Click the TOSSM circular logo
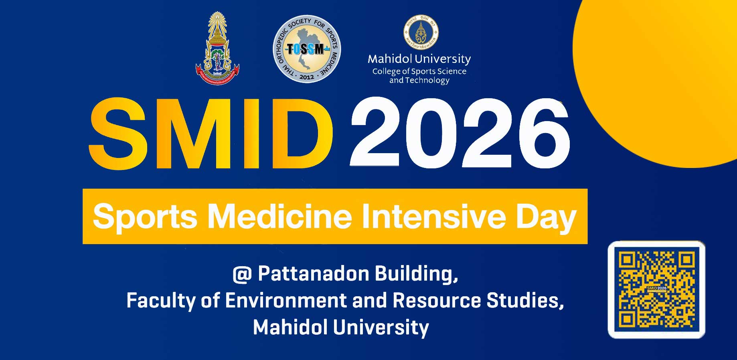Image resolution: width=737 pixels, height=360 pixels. click(307, 49)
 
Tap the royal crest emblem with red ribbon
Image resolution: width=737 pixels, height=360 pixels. click(217, 49)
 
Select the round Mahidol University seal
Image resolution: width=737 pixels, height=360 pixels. click(421, 32)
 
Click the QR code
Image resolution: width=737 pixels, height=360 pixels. click(656, 289)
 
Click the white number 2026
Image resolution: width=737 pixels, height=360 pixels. click(460, 133)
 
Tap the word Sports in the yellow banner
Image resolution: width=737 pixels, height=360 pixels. click(145, 217)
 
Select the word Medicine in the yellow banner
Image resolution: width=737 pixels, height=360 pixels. click(279, 217)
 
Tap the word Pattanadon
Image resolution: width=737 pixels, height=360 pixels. click(313, 274)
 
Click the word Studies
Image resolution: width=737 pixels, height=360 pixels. click(525, 300)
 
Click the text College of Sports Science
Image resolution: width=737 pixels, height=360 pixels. click(419, 71)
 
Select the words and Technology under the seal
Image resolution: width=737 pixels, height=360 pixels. click(419, 80)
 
